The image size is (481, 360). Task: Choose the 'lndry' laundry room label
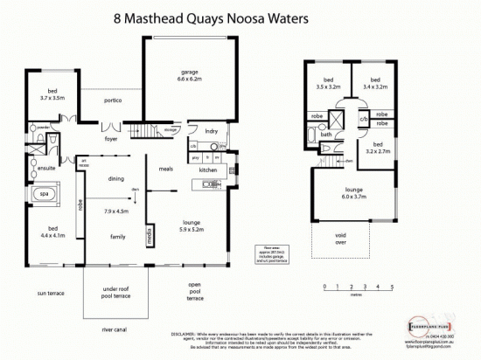tap(211, 131)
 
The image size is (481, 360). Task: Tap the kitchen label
tap(207, 170)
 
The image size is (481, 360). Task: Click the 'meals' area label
tap(165, 170)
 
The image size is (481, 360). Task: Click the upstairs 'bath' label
tap(324, 135)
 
